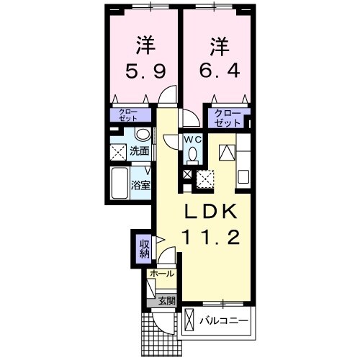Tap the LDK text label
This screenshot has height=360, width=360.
tap(214, 213)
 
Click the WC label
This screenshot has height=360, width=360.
tap(192, 139)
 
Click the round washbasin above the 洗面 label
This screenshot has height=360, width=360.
tap(142, 135)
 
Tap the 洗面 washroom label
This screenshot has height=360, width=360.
tap(140, 151)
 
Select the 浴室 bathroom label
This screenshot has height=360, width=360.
tap(139, 185)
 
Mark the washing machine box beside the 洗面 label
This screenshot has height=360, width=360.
tap(118, 151)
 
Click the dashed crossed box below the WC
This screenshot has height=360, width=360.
tap(205, 177)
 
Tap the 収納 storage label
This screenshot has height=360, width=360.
tap(144, 248)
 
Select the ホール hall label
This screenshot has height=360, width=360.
tap(162, 274)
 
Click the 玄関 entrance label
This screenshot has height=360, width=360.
tap(166, 301)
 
